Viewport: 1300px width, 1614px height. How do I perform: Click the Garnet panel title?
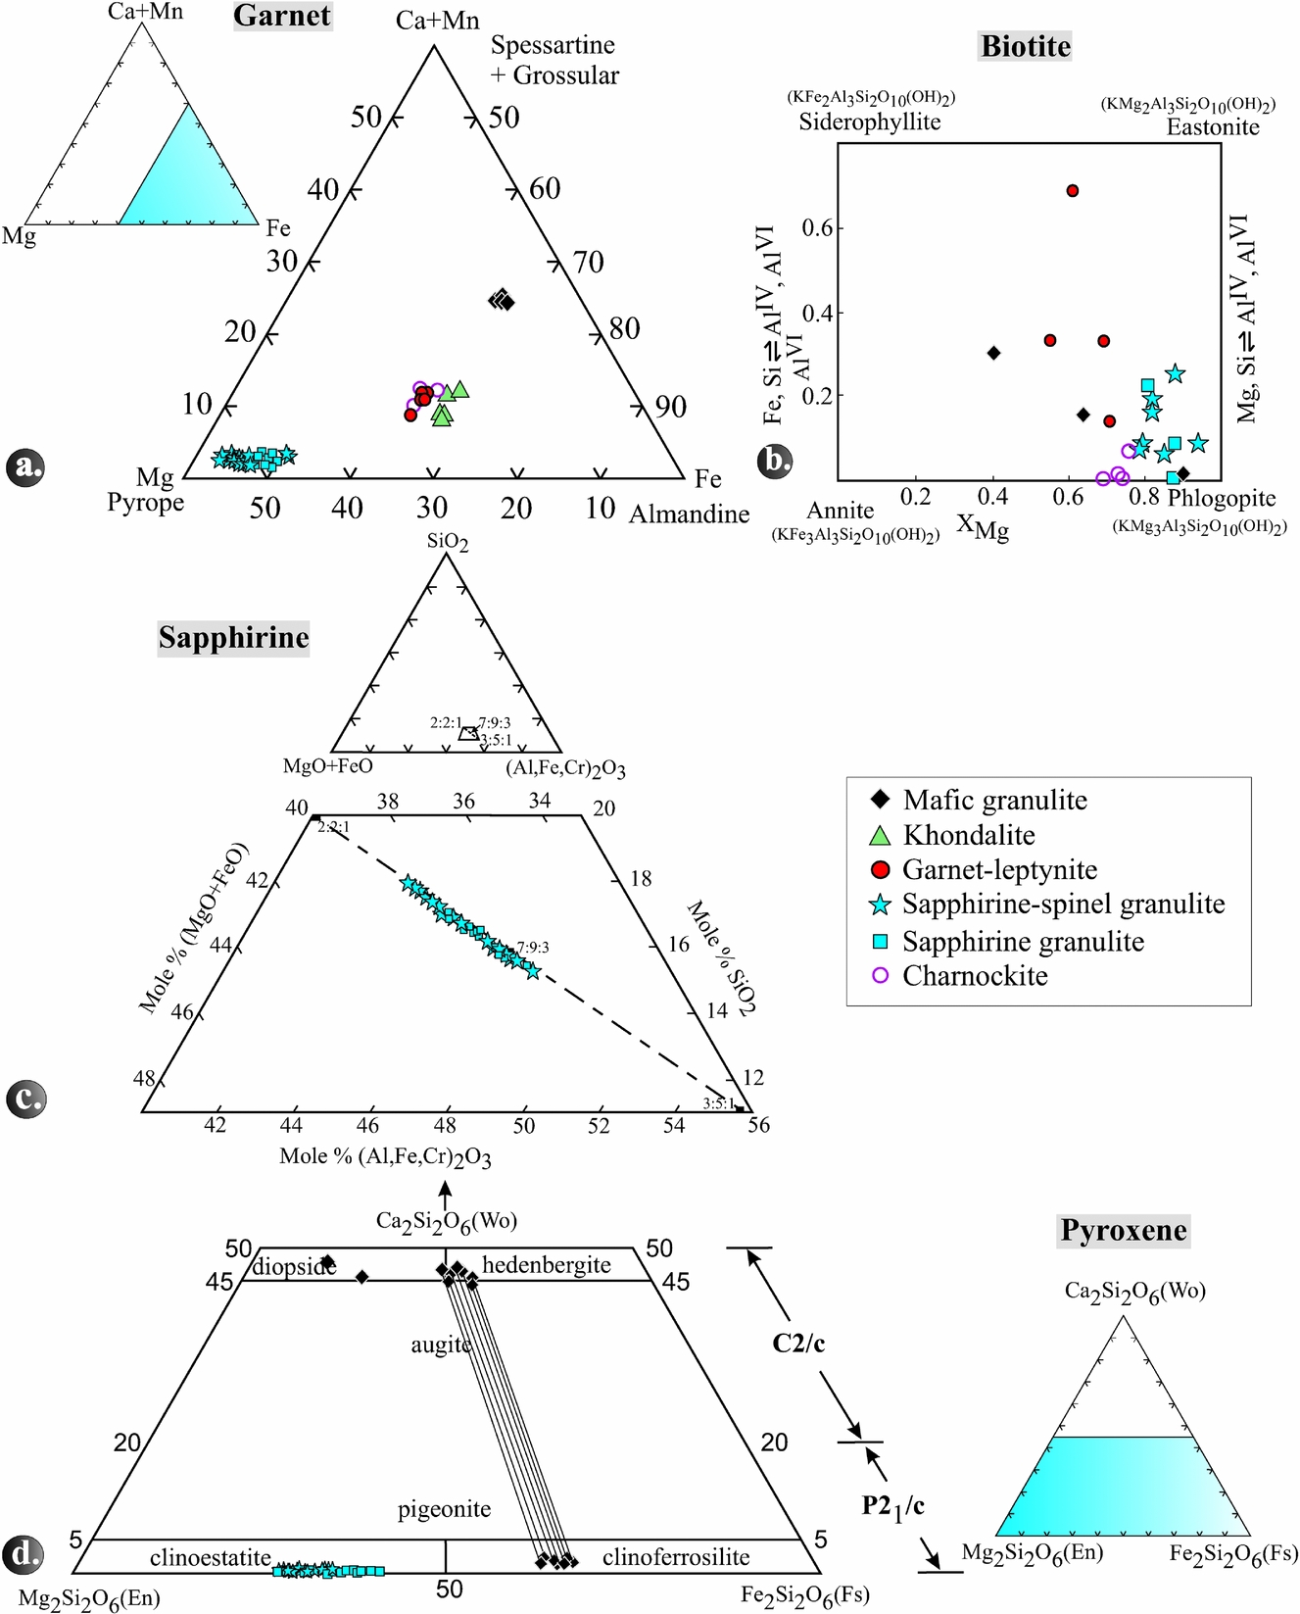(282, 16)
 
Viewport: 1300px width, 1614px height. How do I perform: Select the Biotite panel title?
(1026, 46)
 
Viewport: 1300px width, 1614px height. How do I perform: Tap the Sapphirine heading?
(233, 638)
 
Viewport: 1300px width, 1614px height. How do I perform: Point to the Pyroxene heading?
(1124, 1230)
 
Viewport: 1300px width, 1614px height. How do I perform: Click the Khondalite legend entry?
(968, 835)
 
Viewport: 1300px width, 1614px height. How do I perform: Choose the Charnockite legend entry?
(975, 976)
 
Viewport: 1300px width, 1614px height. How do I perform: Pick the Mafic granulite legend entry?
(994, 801)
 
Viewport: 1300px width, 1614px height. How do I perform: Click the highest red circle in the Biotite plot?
(1073, 190)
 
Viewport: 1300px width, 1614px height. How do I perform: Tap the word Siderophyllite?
(869, 122)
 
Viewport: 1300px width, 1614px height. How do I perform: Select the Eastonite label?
(1213, 127)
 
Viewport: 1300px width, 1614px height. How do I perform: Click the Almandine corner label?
(689, 514)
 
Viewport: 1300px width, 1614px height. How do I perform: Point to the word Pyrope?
(145, 503)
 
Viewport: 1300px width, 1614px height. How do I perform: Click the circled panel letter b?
(775, 460)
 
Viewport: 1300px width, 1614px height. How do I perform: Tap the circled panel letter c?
(25, 1098)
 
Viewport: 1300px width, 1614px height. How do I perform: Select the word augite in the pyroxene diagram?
(441, 1345)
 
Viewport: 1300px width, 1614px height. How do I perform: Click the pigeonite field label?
(444, 1509)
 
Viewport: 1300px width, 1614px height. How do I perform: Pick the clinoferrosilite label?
(676, 1557)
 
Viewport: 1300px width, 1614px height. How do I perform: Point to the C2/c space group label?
(798, 1343)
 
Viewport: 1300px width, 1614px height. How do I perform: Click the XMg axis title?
(982, 527)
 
